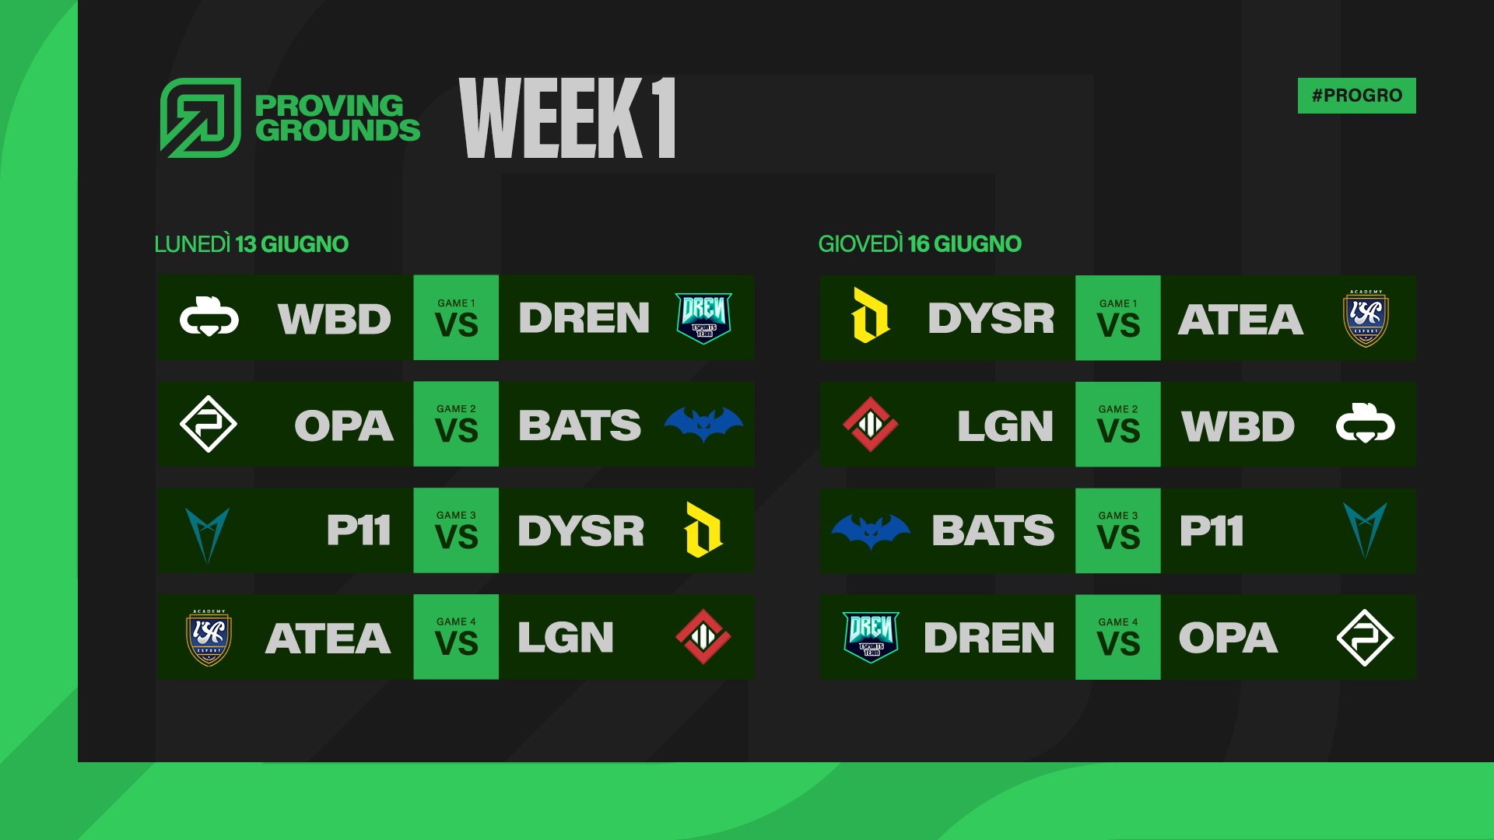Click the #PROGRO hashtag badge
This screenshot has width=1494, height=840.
pyautogui.click(x=1356, y=96)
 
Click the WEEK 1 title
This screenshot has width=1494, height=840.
pyautogui.click(x=567, y=118)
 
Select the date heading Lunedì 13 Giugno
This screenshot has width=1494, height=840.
pyautogui.click(x=251, y=244)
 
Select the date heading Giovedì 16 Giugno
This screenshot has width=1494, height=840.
pyautogui.click(x=920, y=244)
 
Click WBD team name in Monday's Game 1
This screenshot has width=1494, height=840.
pyautogui.click(x=335, y=319)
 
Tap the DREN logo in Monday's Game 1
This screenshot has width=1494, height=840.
pyautogui.click(x=703, y=317)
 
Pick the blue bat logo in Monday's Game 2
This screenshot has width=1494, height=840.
pyautogui.click(x=703, y=424)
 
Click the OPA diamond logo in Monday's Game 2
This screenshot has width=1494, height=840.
pyautogui.click(x=209, y=424)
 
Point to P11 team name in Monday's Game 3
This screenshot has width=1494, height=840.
pyautogui.click(x=359, y=530)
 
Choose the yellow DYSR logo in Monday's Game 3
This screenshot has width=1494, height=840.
pyautogui.click(x=703, y=530)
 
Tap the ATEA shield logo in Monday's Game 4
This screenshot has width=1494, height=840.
pyautogui.click(x=209, y=637)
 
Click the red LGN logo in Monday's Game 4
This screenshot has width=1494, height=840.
pyautogui.click(x=703, y=636)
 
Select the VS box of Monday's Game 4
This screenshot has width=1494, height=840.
pyautogui.click(x=456, y=637)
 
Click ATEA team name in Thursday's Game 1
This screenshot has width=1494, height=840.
pyautogui.click(x=1240, y=319)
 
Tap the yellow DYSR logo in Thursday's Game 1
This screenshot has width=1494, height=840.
pyautogui.click(x=871, y=315)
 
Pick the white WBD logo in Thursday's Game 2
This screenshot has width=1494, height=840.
pyautogui.click(x=1366, y=424)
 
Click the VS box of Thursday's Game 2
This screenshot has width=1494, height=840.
pyautogui.click(x=1118, y=424)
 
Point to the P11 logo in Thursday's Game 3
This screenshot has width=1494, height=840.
pyautogui.click(x=1366, y=531)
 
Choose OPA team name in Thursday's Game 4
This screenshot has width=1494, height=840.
pyautogui.click(x=1228, y=638)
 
